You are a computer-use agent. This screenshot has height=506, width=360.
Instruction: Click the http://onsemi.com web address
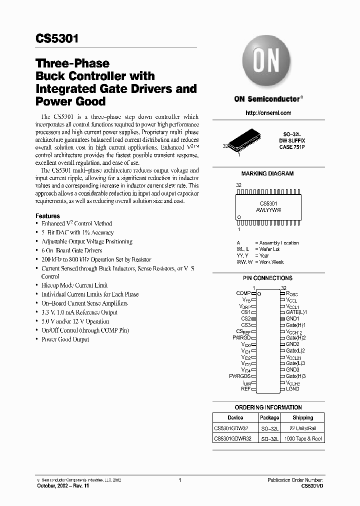click(268, 113)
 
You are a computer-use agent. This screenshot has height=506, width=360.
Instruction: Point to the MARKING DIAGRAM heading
click(267, 173)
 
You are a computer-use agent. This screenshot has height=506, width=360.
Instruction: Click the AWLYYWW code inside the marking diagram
click(268, 210)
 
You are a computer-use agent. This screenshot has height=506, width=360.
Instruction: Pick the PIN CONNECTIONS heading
click(267, 278)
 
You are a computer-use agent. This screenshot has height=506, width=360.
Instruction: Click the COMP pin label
click(243, 292)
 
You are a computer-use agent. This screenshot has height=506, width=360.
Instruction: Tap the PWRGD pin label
click(241, 338)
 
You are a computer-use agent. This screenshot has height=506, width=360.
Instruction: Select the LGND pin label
click(292, 388)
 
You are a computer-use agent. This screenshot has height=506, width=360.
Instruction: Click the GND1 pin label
click(292, 318)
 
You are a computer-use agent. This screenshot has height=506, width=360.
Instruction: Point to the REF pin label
click(245, 388)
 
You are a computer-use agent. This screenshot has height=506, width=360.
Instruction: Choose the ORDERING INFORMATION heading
click(268, 407)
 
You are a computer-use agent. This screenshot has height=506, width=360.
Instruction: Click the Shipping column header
click(302, 417)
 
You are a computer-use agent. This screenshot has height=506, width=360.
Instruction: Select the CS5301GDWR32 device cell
click(232, 438)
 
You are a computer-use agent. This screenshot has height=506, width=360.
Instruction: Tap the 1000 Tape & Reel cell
click(302, 438)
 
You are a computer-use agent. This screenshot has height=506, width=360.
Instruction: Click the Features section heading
click(47, 215)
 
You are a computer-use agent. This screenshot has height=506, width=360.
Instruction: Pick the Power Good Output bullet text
click(65, 339)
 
